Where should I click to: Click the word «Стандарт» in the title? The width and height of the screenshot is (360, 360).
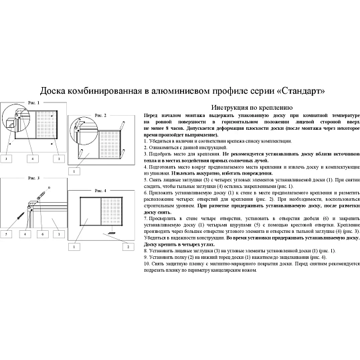(x=298, y=90)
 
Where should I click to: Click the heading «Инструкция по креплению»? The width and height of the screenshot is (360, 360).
(x=250, y=106)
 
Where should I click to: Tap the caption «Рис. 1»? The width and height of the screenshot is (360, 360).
(x=34, y=102)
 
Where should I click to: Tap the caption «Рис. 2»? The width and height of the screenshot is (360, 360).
(x=100, y=116)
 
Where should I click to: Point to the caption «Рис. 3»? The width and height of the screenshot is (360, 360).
(x=34, y=179)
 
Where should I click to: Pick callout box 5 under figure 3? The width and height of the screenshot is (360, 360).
(x=7, y=235)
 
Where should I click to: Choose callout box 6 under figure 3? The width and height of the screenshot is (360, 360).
(x=42, y=235)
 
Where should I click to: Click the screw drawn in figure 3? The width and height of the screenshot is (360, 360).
(x=19, y=217)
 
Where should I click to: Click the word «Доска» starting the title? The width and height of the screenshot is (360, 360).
(x=55, y=90)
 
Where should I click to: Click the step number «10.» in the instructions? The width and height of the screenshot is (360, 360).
(x=148, y=264)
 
